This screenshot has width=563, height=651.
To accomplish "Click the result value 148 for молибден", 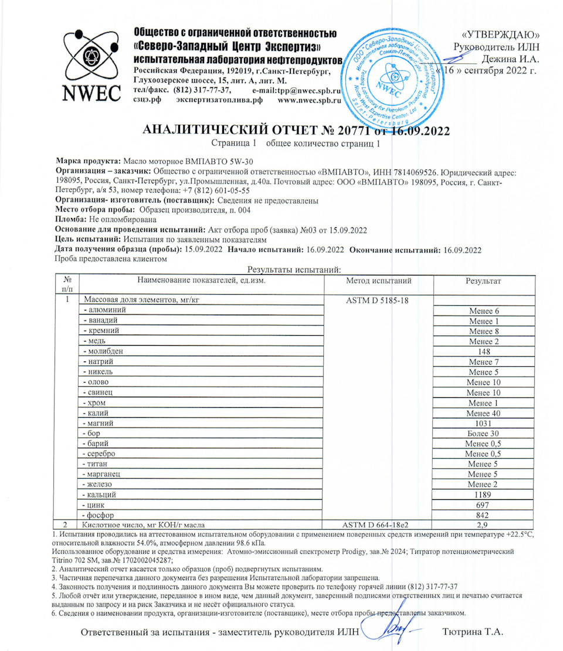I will (x=484, y=352).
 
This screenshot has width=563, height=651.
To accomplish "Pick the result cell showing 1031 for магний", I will (x=484, y=422).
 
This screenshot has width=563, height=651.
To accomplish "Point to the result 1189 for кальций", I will (x=484, y=494).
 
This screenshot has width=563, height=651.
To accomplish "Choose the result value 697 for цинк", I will (x=484, y=505).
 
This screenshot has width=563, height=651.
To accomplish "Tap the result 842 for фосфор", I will (x=484, y=514).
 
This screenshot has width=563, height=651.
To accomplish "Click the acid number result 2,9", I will (x=484, y=524).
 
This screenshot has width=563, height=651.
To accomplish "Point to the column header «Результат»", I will (x=483, y=281).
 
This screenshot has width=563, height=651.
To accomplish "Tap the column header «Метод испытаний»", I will (x=379, y=281).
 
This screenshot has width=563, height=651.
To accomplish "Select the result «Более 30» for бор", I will (x=484, y=433).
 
